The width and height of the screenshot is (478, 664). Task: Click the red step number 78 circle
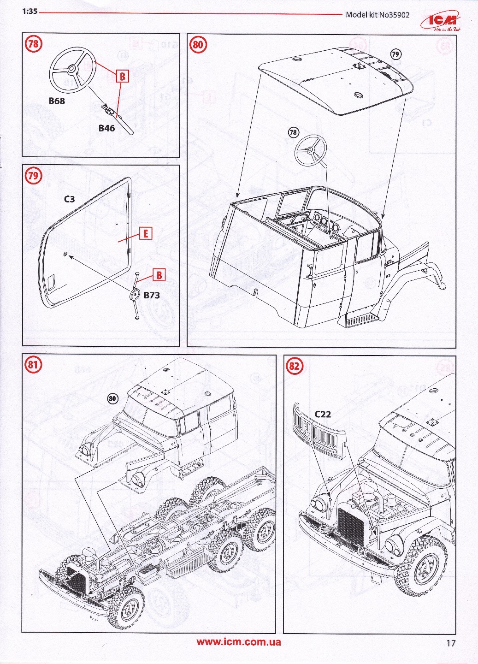(33, 44)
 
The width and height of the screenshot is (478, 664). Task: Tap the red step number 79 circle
(33, 176)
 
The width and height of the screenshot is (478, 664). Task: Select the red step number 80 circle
(198, 44)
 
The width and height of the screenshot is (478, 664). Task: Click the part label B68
(57, 101)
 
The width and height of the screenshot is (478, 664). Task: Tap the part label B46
(106, 128)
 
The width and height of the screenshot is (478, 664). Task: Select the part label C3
(69, 199)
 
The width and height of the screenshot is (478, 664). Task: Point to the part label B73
(151, 295)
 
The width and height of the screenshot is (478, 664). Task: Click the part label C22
(323, 414)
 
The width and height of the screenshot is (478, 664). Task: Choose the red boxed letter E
(146, 233)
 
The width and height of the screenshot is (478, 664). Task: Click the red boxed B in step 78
(123, 76)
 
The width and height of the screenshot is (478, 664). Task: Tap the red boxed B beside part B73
(159, 275)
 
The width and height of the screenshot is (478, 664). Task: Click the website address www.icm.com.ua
(239, 642)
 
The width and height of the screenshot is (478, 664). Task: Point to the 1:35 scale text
(30, 12)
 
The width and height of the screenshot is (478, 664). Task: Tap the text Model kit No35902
(378, 14)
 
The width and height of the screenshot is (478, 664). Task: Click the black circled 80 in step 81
(112, 399)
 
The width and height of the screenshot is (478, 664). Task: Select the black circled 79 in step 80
(395, 54)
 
